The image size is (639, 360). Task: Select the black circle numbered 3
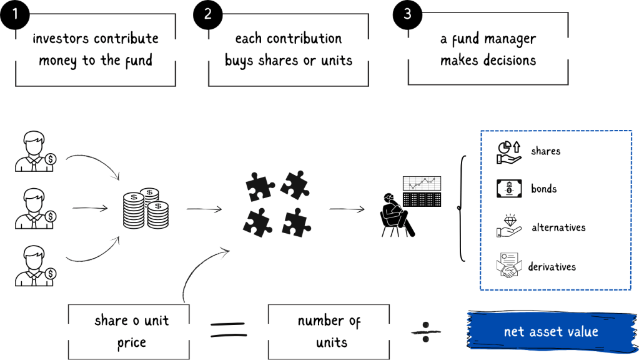pyautogui.click(x=407, y=13)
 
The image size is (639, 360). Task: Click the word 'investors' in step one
pyautogui.click(x=60, y=39)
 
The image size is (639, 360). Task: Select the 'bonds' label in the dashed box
pyautogui.click(x=543, y=189)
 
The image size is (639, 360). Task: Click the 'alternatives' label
pyautogui.click(x=558, y=227)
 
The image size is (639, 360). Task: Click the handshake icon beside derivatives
pyautogui.click(x=508, y=266)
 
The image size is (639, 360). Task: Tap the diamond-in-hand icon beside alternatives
pyautogui.click(x=509, y=227)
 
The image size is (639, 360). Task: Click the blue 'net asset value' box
pyautogui.click(x=550, y=331)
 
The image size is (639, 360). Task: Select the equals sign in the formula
pyautogui.click(x=227, y=329)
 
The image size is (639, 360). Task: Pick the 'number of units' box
pyautogui.click(x=329, y=331)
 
